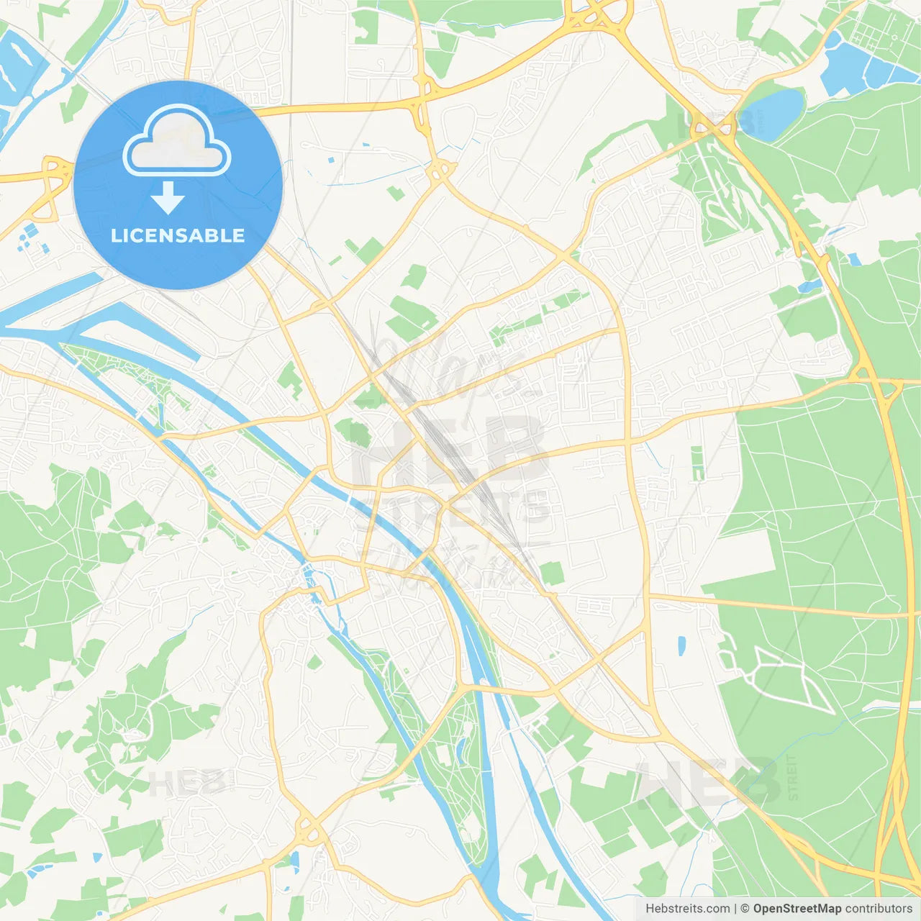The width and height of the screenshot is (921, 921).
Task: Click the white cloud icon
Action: [177, 142]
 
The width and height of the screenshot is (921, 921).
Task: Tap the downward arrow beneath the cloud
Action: [168, 198]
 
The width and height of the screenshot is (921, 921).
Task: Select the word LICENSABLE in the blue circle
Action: [178, 235]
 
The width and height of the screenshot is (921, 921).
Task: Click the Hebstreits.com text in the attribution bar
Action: [687, 909]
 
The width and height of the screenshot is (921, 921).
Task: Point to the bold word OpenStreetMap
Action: [797, 909]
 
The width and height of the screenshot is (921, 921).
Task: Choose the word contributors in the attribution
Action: [879, 909]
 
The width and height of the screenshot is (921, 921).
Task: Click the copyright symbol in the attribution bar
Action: [745, 909]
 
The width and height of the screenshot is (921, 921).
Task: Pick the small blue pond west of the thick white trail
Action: [681, 646]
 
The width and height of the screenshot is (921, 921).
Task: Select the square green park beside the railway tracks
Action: [551, 573]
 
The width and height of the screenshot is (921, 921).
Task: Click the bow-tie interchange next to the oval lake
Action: [712, 130]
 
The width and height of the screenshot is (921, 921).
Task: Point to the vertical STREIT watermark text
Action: [793, 777]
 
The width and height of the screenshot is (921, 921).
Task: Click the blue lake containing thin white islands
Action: [18, 61]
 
